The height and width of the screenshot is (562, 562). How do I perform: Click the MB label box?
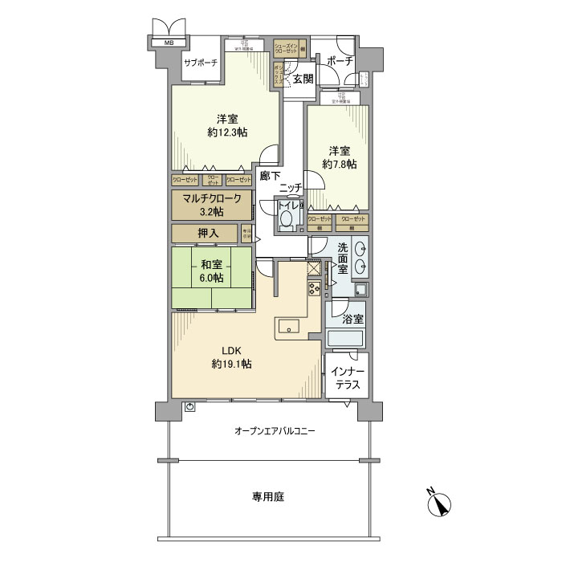click(x=169, y=42)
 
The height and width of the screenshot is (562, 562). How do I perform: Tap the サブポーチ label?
click(x=201, y=63)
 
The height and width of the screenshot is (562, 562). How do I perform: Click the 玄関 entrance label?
click(x=302, y=78)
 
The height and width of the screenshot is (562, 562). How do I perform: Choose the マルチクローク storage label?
click(x=210, y=199)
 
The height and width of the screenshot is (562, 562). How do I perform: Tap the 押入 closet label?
click(x=207, y=233)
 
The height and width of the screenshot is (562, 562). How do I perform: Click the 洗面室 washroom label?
click(x=344, y=259)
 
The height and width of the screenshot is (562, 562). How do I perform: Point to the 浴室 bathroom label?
click(x=353, y=319)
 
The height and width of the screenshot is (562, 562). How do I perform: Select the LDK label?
click(x=232, y=350)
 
